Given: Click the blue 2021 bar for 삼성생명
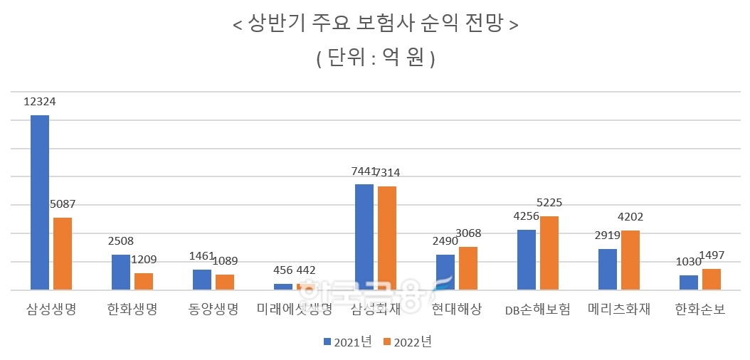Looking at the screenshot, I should pos(40,203).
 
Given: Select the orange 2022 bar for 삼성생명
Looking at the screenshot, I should pos(63,254).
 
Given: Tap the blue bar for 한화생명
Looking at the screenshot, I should pos(121,272).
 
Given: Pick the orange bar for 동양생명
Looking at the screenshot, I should pos(225,282).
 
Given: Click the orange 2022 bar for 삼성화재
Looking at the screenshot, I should pos(387,238).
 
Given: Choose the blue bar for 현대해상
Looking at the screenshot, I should pos(445,272).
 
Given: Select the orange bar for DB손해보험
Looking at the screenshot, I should pos(549,253).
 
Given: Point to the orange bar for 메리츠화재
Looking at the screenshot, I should pos(630,260).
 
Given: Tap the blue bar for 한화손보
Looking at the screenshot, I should pos(689,282).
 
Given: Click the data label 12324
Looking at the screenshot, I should pos(39,102).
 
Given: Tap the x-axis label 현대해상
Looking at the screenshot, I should pos(456,310).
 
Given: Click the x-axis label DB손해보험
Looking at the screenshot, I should pos(537,310).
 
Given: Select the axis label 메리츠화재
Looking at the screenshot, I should pos(619,310).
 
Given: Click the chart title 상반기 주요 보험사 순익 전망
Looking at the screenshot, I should pos(375,25).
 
